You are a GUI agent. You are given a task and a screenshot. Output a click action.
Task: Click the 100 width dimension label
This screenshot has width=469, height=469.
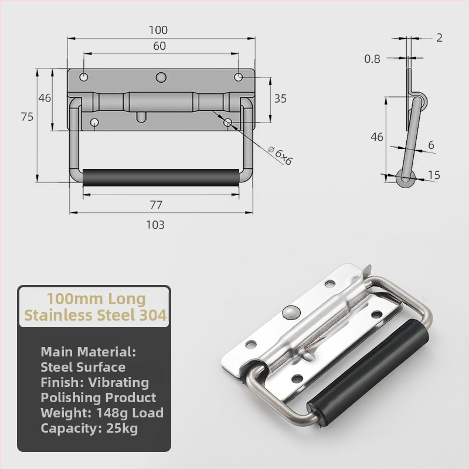[x=158, y=30]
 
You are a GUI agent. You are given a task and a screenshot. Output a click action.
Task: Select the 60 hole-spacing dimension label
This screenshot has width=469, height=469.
[x=159, y=46]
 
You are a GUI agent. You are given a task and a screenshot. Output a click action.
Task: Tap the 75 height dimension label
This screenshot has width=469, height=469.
[x=27, y=117]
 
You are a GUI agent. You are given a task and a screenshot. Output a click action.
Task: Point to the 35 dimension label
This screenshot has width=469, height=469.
[x=280, y=98]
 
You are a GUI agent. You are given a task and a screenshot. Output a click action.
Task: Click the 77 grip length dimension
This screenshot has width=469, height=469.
[x=156, y=205]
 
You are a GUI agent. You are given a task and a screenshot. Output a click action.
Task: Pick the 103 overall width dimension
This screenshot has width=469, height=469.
[x=155, y=225]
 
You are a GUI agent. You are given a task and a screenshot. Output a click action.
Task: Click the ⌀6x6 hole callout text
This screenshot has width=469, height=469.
[x=280, y=155]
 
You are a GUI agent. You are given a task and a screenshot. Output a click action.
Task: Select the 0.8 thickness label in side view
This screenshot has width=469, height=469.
[x=372, y=59]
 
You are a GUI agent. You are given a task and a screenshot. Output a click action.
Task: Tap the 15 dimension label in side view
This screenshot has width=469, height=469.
[x=434, y=175]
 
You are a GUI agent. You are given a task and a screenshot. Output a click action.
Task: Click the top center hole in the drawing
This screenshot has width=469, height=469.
[x=161, y=77]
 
